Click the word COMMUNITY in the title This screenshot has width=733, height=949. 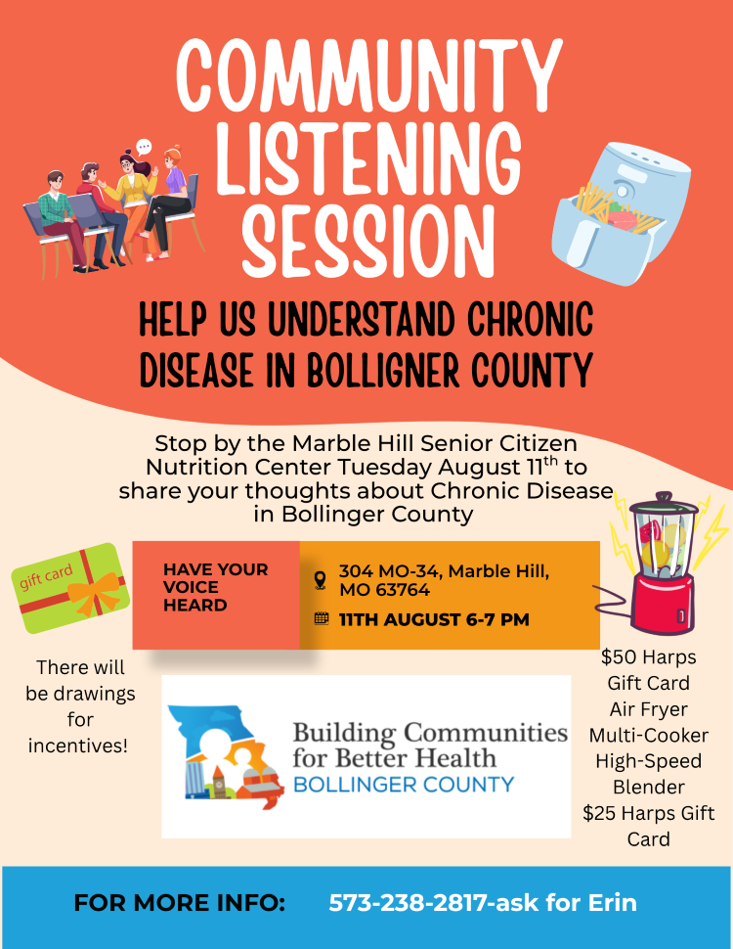(x=369, y=74)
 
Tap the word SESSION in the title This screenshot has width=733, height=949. (x=368, y=241)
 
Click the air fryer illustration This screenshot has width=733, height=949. (x=622, y=213)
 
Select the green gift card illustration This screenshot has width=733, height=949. (x=70, y=588)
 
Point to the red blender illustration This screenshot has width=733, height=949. (x=664, y=563)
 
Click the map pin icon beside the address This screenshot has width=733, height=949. (x=321, y=580)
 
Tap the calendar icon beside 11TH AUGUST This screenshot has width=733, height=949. (x=322, y=618)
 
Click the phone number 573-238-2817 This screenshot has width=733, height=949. (x=409, y=902)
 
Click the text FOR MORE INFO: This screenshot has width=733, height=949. (x=179, y=903)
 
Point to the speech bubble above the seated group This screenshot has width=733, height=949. (x=144, y=147)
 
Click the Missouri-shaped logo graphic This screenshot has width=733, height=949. (x=226, y=756)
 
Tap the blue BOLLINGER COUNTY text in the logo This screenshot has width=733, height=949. (x=404, y=785)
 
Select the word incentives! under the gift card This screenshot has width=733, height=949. (x=78, y=746)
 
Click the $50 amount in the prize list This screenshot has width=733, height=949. (x=616, y=656)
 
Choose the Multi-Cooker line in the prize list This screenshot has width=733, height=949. (x=648, y=736)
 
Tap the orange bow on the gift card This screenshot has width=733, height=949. (x=94, y=592)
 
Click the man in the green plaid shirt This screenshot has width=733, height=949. (x=60, y=221)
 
